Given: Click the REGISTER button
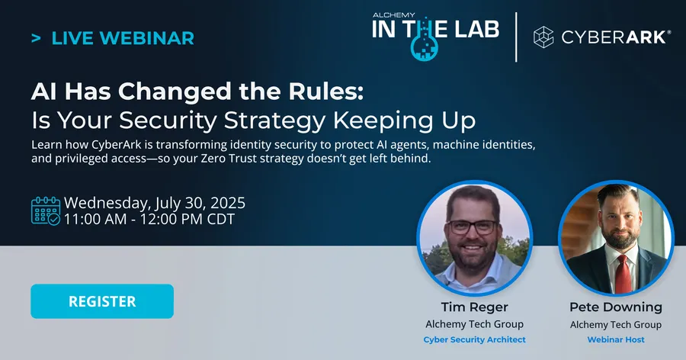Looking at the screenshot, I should [102, 301].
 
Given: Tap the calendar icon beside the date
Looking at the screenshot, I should [45, 211].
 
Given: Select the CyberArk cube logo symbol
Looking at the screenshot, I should [543, 37].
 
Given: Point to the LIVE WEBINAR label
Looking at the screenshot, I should [123, 37].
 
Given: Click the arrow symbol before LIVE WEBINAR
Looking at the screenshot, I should [36, 37].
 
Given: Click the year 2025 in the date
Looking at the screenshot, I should [226, 204].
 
